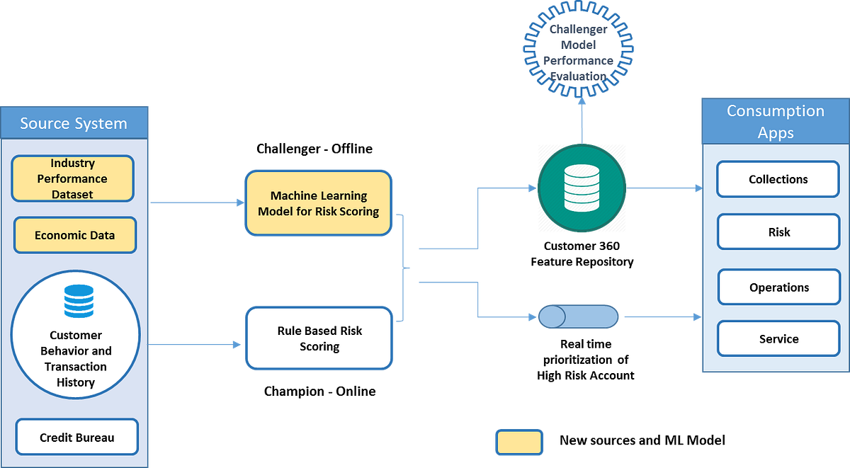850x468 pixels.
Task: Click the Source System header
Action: [74, 123]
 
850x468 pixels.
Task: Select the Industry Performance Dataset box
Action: [72, 178]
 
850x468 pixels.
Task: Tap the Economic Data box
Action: [74, 235]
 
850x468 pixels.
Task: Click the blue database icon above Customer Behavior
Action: [78, 301]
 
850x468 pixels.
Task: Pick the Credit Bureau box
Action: [76, 438]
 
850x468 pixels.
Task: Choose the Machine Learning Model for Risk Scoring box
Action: [318, 203]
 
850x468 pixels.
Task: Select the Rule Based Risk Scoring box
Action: [319, 338]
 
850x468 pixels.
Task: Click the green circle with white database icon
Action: [581, 189]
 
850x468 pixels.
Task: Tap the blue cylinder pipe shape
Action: [578, 316]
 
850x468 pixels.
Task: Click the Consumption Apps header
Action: [775, 122]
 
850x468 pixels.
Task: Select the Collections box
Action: [778, 180]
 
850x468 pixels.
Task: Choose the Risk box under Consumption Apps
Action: [778, 232]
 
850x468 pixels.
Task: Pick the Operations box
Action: [778, 287]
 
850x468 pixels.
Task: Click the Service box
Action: [778, 339]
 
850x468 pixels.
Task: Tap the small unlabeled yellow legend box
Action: [518, 443]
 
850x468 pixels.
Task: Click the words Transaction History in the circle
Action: [76, 375]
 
